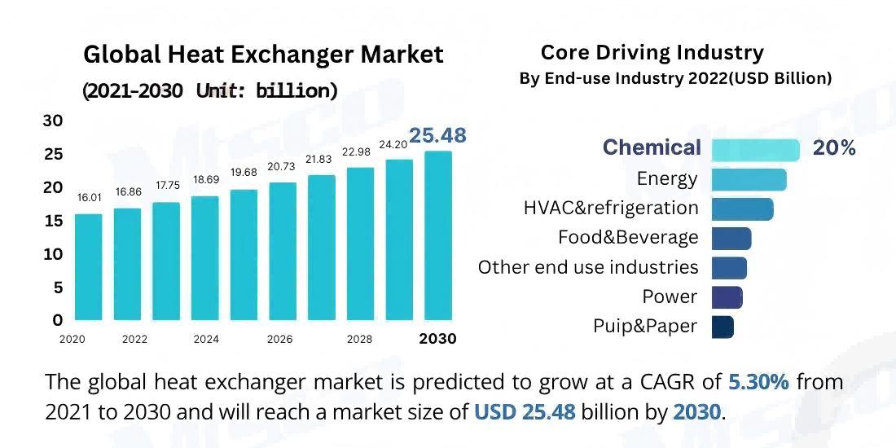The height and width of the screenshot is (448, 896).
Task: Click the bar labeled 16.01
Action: [89, 267]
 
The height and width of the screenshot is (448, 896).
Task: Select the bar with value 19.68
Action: [244, 254]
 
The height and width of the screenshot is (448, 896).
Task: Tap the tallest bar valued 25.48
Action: [438, 235]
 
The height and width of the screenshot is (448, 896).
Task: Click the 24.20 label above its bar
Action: [399, 144]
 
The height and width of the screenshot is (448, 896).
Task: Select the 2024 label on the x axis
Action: [206, 339]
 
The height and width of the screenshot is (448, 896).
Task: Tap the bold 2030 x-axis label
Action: [437, 339]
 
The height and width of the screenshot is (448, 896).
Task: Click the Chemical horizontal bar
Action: [755, 149]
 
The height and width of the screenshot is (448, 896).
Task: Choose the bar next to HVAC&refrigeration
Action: [742, 209]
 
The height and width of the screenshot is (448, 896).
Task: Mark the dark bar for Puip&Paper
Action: [723, 327]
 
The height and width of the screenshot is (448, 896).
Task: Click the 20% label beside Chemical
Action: [834, 148]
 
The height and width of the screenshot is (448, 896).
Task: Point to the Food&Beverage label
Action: [628, 238]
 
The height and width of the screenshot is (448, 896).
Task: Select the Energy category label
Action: [667, 178]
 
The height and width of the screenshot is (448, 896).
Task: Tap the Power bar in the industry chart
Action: [727, 297]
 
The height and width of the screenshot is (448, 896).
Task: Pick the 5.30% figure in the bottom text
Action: [758, 381]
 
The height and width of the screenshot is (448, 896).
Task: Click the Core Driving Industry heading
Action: [652, 53]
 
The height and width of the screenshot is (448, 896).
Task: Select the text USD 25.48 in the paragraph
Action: [525, 412]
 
